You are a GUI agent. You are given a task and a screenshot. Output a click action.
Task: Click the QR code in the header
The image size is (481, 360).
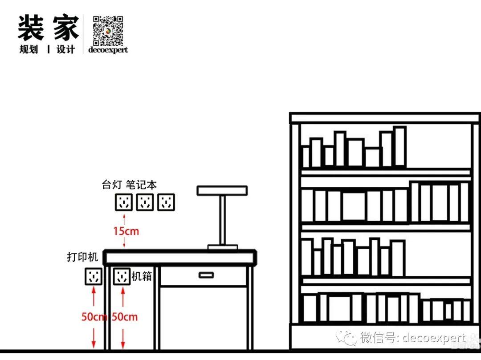pos(107,30)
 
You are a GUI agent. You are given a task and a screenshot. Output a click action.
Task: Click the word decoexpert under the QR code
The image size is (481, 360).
pos(108,49)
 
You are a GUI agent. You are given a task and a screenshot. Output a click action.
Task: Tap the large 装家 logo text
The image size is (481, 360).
pos(48,28)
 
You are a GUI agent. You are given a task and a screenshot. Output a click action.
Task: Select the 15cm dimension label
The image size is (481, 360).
pos(126,231)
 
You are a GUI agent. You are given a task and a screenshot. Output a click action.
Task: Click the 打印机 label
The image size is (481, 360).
pos(82,257)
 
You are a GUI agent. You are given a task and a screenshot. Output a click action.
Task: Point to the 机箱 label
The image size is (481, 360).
pos(142,276)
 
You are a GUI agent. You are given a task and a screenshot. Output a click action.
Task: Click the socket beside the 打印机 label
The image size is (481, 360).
pos(93,276)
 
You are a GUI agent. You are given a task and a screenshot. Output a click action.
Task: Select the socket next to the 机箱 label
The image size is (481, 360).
pos(121,276)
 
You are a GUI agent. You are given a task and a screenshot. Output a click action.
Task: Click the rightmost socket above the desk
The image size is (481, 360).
pos(166,202)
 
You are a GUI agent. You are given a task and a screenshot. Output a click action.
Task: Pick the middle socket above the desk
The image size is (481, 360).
pos(145,202)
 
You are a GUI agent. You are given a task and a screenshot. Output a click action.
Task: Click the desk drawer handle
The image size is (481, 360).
pos(206,275)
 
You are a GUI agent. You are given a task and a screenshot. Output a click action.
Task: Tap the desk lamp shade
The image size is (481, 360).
pos(222,190)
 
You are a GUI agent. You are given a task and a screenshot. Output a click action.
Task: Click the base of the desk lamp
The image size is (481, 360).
pos(222,247)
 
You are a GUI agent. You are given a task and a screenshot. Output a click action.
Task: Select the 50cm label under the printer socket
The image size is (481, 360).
pos(94,317)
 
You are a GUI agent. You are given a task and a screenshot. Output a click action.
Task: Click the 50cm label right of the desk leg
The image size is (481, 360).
pos(124,317)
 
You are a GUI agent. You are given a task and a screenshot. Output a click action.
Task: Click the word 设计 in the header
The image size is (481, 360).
pos(65,49)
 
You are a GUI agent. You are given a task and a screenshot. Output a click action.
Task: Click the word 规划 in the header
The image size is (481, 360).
pos(29,49)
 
